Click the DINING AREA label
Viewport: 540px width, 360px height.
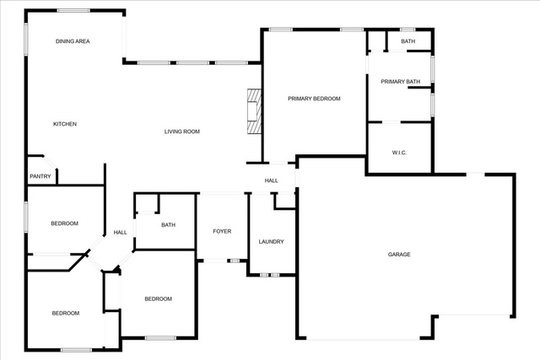(73, 41)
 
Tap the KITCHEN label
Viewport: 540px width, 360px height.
(65, 124)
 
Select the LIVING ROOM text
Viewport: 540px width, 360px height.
(182, 132)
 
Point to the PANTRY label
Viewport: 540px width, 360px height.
(40, 176)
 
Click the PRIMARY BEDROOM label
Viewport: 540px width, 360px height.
(314, 99)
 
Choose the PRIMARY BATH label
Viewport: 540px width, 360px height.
(400, 82)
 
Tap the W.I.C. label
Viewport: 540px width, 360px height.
(399, 153)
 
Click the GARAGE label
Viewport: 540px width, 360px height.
(399, 255)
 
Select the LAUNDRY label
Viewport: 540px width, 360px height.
(272, 242)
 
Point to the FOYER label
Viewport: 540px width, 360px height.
(222, 231)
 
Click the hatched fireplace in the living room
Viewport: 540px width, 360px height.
(254, 111)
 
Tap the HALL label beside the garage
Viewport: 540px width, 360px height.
(272, 180)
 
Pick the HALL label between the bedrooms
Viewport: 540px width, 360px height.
(120, 233)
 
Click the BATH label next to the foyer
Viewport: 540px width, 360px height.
(169, 225)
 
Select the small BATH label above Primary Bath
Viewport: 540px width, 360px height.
(408, 41)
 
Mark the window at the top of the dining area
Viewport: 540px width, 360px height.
(73, 11)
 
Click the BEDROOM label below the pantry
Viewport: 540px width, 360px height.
(65, 223)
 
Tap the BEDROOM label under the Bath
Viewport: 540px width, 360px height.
(158, 298)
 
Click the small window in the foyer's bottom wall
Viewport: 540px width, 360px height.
(235, 261)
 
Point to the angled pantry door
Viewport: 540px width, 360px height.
(50, 162)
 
